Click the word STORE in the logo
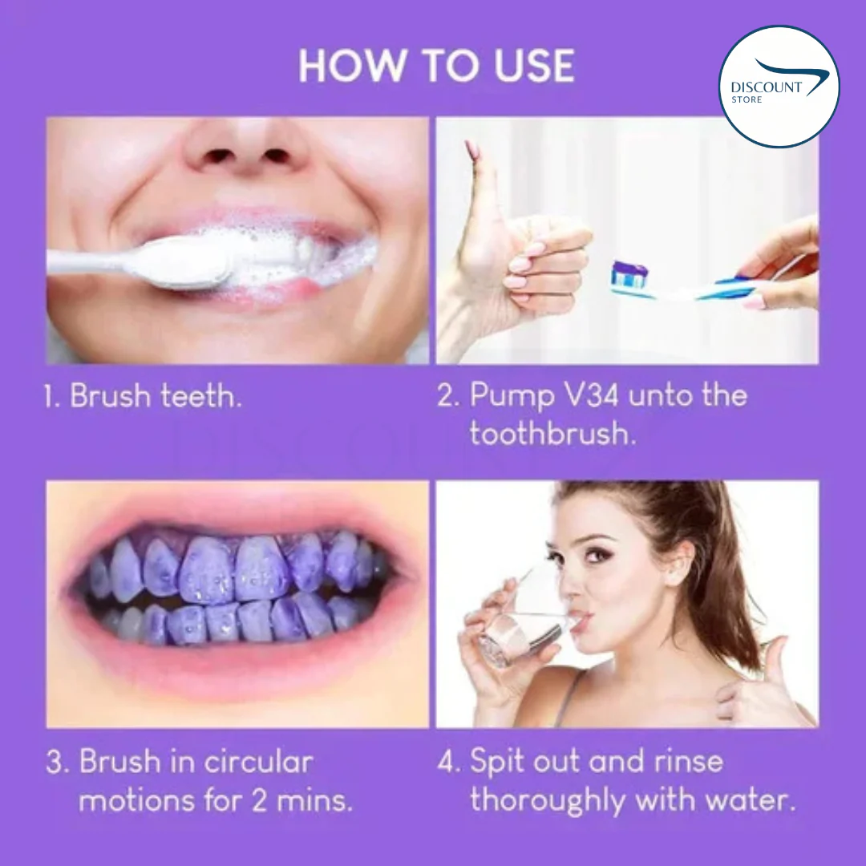(747, 100)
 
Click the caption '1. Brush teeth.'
(143, 396)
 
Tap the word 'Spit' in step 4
(498, 762)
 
